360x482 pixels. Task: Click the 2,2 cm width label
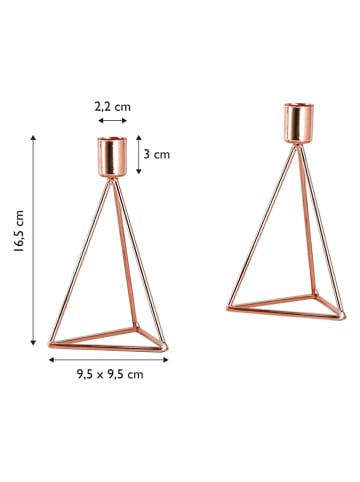112,106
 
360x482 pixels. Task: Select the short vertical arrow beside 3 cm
140,155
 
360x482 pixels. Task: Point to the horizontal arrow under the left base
109,358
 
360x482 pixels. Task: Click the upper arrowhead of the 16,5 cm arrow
37,139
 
